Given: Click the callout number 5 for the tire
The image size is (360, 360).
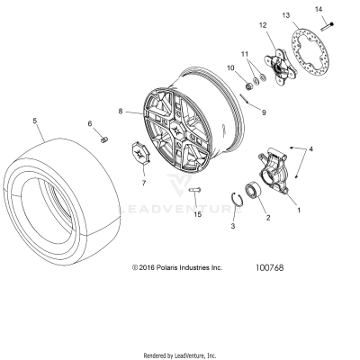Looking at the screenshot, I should coord(35,120).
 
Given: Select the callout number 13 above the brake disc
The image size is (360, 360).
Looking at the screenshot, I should coord(285,16).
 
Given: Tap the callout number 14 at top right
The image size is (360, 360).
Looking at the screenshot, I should coord(317,9).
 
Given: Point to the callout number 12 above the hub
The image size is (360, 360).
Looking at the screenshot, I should coord(264,26).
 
